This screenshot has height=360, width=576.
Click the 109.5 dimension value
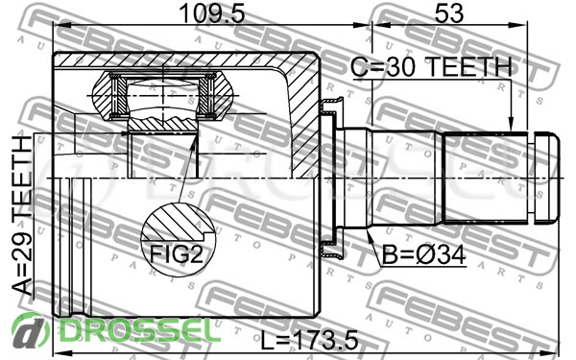tap(212, 14)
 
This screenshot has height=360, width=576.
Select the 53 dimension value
tap(449, 14)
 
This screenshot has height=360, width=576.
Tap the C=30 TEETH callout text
tap(431, 67)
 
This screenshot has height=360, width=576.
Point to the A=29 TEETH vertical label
tap(22, 216)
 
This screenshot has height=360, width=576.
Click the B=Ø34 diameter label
tap(424, 254)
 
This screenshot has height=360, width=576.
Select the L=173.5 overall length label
tap(309, 341)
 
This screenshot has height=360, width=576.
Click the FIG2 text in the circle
tap(177, 253)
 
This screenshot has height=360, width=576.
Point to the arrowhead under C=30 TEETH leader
tap(510, 124)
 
